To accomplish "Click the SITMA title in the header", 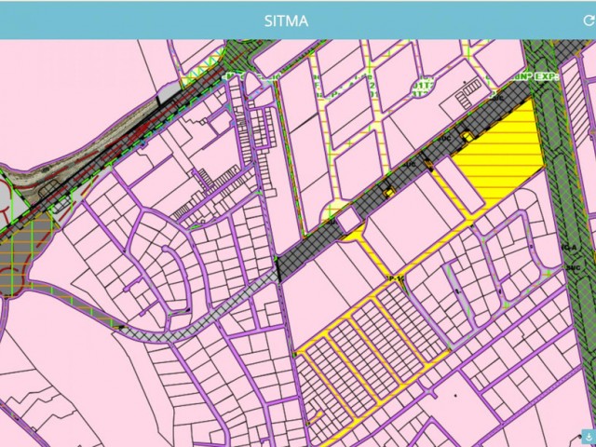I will click(x=286, y=20).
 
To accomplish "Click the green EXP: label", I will click(x=546, y=77).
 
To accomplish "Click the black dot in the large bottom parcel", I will click(x=455, y=395).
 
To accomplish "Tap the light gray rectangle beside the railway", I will click(x=168, y=92).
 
